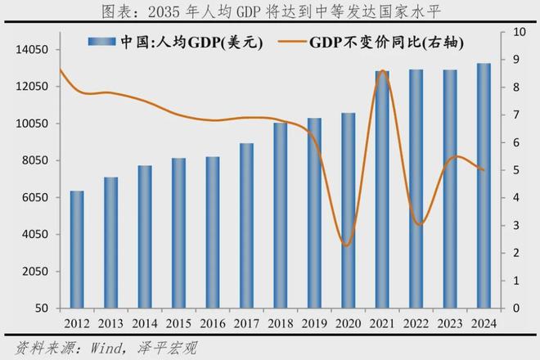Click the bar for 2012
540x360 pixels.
tap(77, 250)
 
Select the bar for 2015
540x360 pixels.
tap(178, 233)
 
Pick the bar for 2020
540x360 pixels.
tap(348, 210)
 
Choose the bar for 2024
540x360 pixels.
tap(484, 186)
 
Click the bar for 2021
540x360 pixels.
tap(382, 190)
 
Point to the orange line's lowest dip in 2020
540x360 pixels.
tap(347, 245)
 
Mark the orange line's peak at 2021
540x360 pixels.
tap(381, 70)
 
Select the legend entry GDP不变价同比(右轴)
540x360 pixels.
tap(385, 43)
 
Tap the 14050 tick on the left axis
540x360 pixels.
tap(34, 50)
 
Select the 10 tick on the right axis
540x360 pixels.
tap(519, 32)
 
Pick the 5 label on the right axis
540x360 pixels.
tap(515, 170)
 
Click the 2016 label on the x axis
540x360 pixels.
tap(212, 323)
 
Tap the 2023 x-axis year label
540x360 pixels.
tap(450, 323)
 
